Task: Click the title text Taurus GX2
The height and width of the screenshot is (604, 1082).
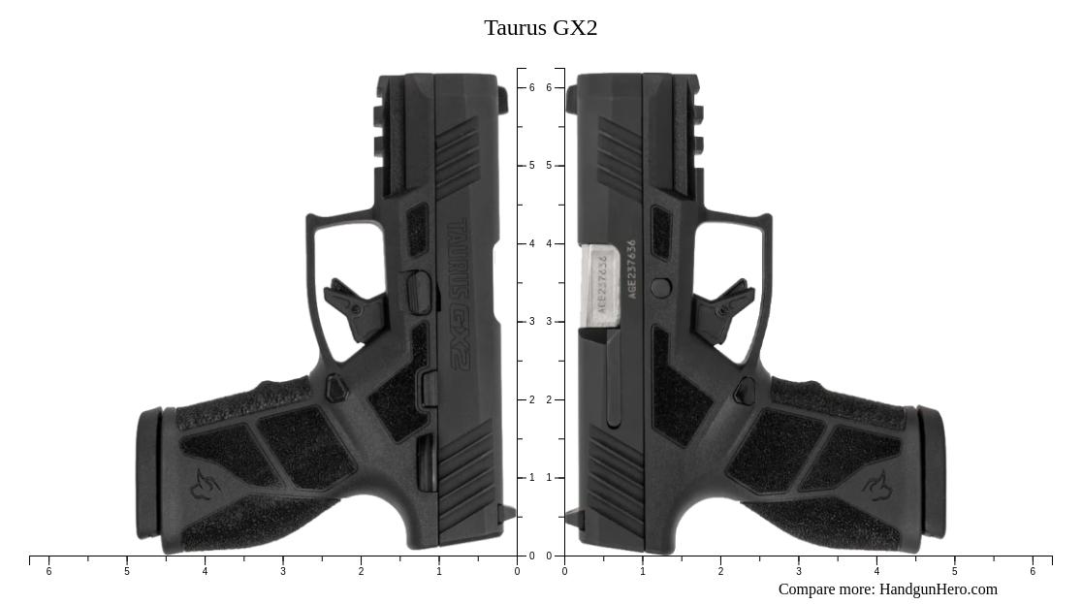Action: [x=540, y=28]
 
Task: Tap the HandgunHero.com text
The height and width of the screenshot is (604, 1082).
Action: [x=938, y=589]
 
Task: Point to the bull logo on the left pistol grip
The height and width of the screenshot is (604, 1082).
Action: [x=204, y=484]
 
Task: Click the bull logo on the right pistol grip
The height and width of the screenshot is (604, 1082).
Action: [x=877, y=484]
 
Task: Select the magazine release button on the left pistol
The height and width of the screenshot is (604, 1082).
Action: [x=335, y=389]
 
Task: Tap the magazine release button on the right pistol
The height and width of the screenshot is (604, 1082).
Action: [x=745, y=391]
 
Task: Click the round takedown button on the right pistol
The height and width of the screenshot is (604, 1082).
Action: [x=660, y=287]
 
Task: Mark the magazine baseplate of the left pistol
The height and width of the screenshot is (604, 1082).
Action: [x=148, y=473]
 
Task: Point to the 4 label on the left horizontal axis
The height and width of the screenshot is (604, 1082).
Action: [x=205, y=572]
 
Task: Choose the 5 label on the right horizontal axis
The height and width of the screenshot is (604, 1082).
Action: [x=954, y=572]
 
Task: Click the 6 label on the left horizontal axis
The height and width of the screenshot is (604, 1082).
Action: [x=48, y=572]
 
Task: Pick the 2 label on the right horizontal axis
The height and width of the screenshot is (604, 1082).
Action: [x=720, y=572]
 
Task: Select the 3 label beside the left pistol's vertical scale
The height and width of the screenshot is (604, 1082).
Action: [x=531, y=322]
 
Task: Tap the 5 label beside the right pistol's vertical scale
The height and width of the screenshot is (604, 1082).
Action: [x=549, y=166]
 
